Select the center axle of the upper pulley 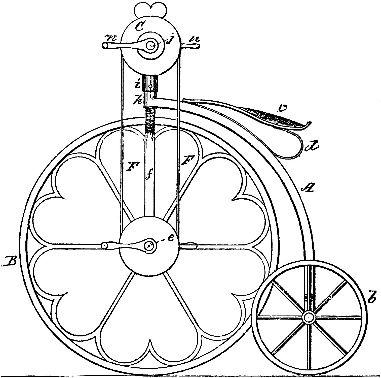(151, 46)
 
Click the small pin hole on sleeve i (150, 86)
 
